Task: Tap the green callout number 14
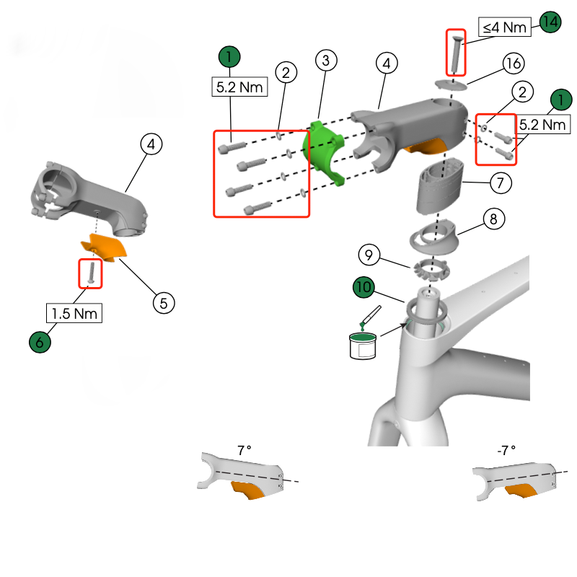coord(550,22)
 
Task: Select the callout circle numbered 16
coord(513,63)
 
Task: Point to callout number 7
coord(501,182)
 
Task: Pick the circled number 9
coord(368,255)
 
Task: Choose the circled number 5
coord(164,302)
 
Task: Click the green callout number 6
coord(40,342)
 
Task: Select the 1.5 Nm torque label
coord(74,313)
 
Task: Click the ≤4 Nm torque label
coord(505,27)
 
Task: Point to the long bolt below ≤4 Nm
coord(456,53)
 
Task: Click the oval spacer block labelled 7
coord(441,185)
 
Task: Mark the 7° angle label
coord(245,450)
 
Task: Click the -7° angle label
coord(506,450)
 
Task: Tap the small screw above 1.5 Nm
coord(91,273)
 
